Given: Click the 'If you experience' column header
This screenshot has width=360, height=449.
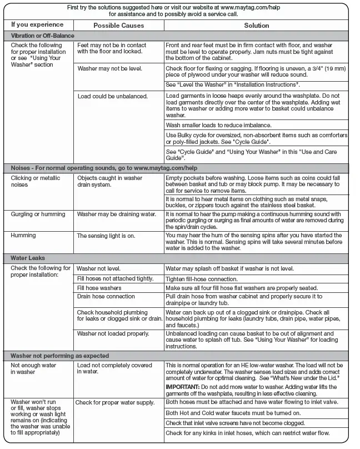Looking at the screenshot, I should pyautogui.click(x=37, y=24).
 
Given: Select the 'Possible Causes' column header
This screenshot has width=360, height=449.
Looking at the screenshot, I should pyautogui.click(x=118, y=26).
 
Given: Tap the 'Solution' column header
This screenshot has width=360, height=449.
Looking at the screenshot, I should pyautogui.click(x=257, y=26).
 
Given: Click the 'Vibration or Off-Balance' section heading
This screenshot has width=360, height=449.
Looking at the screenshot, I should pyautogui.click(x=43, y=35).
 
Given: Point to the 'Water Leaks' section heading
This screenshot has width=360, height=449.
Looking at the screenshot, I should pyautogui.click(x=28, y=258).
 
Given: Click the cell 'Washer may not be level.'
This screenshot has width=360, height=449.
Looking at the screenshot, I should pyautogui.click(x=109, y=68).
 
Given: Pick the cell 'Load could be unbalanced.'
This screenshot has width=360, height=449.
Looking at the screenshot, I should pyautogui.click(x=112, y=96).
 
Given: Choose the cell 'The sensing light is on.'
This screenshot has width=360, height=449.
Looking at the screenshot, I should pyautogui.click(x=106, y=236).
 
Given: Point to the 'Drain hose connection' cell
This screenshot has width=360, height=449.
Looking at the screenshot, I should pyautogui.click(x=106, y=296).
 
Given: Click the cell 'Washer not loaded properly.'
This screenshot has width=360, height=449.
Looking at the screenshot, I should pyautogui.click(x=113, y=333).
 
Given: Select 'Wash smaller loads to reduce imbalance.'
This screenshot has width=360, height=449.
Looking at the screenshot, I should pyautogui.click(x=219, y=125).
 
